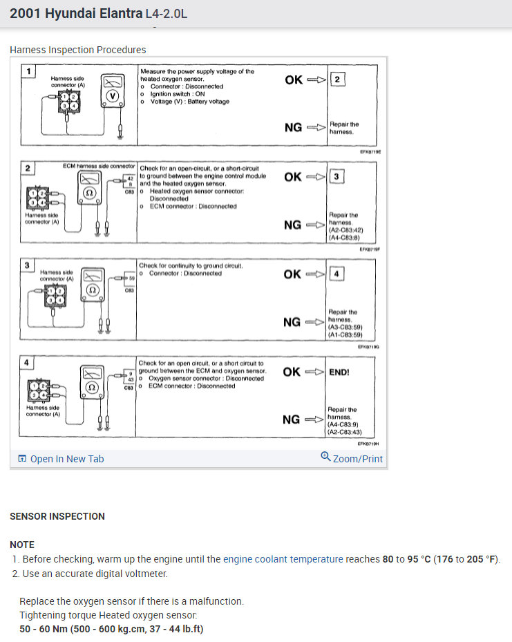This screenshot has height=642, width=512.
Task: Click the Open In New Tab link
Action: [66, 459]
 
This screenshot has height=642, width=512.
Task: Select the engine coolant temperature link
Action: [283, 559]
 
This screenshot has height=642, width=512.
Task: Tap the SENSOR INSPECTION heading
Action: [57, 516]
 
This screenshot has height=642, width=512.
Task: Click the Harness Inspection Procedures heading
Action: [78, 50]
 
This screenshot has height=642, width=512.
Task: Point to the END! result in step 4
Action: [339, 372]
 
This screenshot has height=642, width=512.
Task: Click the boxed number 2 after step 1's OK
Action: [336, 79]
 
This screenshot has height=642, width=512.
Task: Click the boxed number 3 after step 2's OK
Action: [336, 177]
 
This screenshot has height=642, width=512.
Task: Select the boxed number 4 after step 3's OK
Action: [336, 274]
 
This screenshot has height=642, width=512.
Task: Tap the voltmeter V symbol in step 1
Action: [114, 95]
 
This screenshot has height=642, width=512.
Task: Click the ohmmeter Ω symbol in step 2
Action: [89, 193]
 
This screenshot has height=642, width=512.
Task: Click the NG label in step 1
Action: [293, 127]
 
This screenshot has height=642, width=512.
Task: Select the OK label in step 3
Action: [293, 274]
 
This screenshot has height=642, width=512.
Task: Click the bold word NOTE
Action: [22, 545]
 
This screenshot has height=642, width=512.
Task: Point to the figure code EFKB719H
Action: [368, 444]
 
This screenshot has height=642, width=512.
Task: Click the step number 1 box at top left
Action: [28, 71]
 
